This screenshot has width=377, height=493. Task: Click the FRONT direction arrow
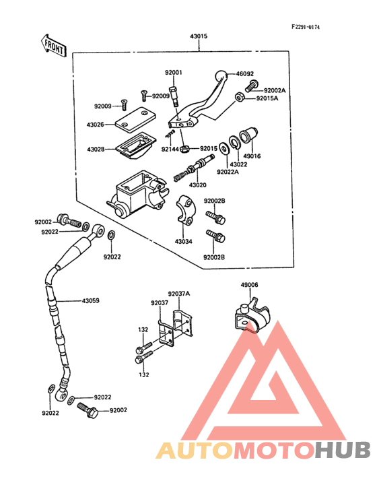53,46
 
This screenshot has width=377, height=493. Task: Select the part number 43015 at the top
199,36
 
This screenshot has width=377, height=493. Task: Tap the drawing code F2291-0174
306,27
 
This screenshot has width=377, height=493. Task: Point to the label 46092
245,74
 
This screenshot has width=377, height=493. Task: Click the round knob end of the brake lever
221,76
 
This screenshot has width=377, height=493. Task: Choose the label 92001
174,73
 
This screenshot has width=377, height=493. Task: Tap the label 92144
170,149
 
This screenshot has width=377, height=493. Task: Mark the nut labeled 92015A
240,97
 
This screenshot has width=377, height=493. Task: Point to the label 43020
198,185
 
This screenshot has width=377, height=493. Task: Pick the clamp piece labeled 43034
186,210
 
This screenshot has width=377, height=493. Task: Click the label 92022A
228,172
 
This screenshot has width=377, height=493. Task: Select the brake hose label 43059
90,301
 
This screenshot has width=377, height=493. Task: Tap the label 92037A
179,294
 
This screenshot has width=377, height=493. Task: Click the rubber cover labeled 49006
252,315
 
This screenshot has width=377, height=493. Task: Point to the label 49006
250,285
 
